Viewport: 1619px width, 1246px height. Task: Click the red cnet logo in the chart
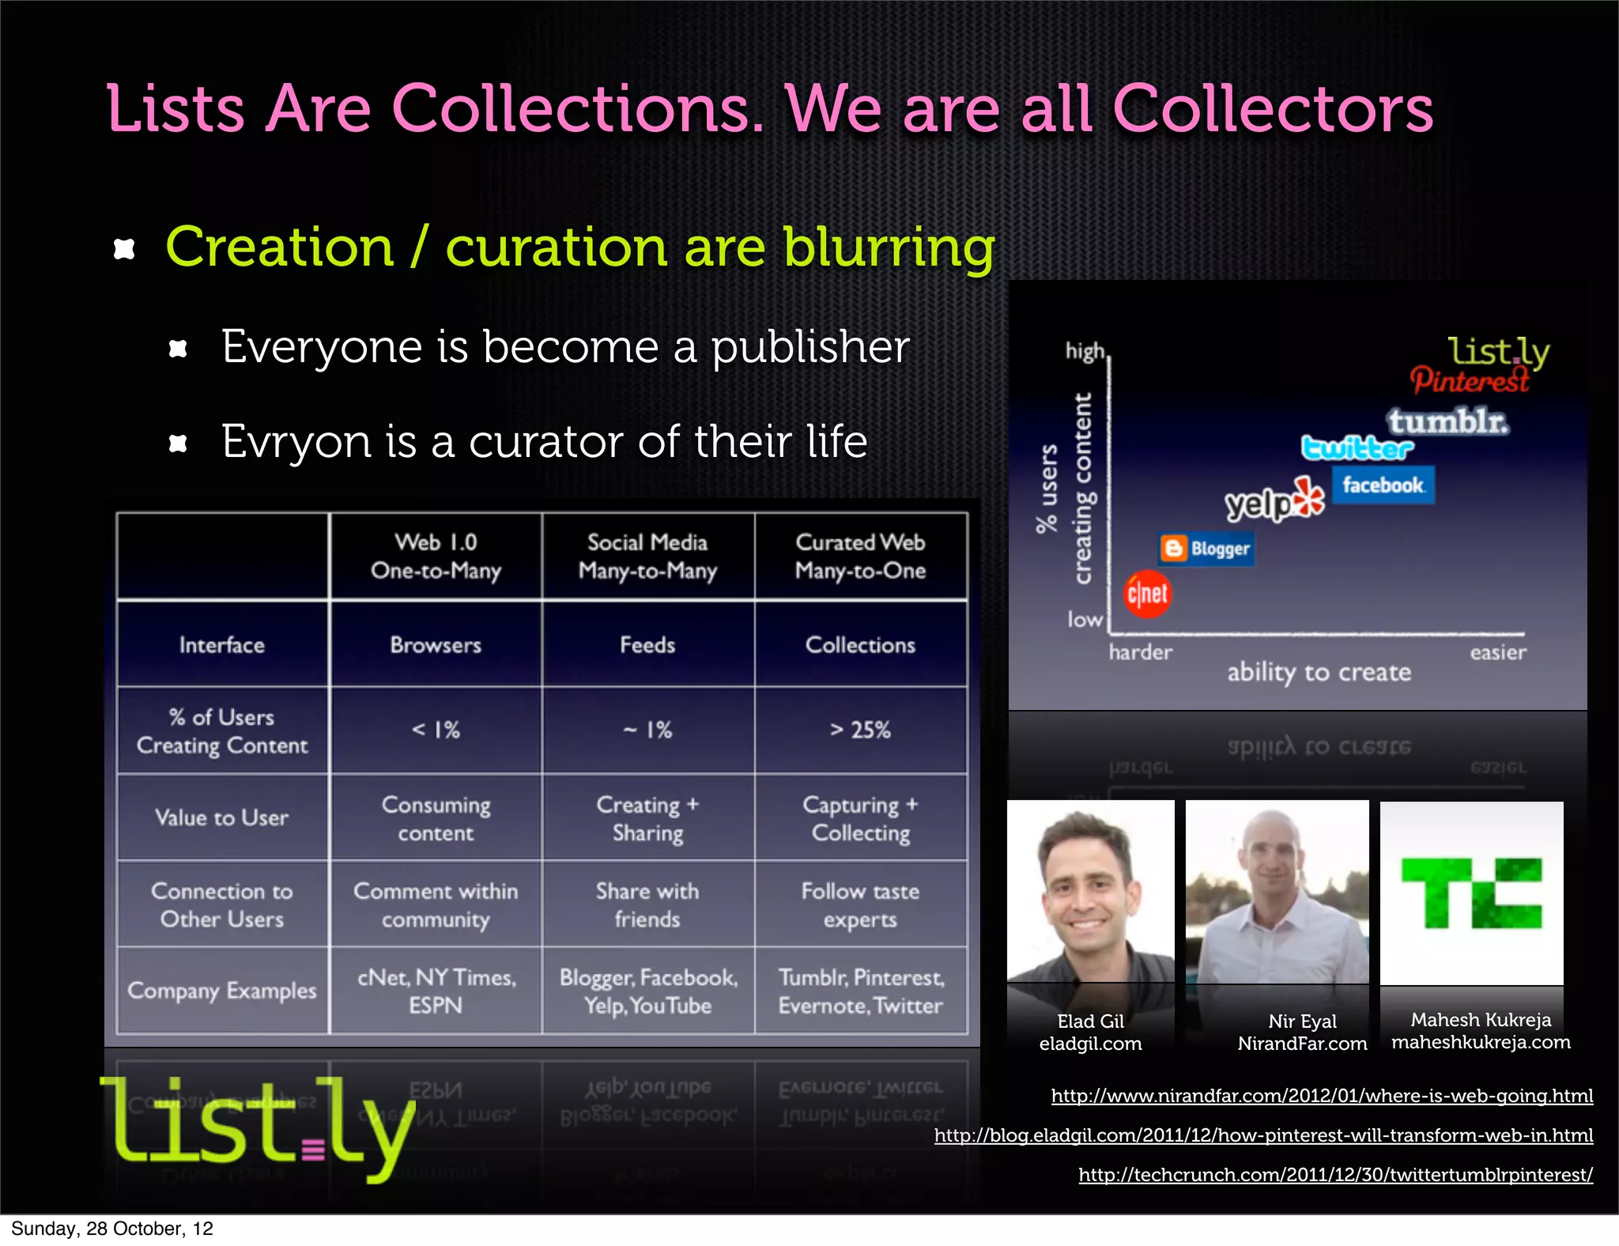(1147, 594)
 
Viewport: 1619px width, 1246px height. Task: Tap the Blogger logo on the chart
(1206, 549)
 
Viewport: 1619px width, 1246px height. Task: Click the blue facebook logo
(1383, 485)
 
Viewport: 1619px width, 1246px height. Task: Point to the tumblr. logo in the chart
(1448, 421)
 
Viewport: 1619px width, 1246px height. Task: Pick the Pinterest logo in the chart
(1470, 381)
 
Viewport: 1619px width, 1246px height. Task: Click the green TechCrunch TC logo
(1471, 893)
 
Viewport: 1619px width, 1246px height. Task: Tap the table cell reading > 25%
(860, 730)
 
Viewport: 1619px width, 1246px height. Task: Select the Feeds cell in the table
(647, 645)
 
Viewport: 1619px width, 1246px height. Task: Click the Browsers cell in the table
(436, 645)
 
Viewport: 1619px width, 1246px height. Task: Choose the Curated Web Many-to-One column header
(860, 556)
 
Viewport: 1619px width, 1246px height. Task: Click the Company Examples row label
(222, 991)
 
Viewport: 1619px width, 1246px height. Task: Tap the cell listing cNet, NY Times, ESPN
(436, 991)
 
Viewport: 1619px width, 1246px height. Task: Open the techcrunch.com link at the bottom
(1335, 1175)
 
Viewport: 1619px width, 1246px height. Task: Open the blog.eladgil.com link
(1263, 1135)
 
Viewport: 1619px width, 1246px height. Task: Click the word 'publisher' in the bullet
(810, 347)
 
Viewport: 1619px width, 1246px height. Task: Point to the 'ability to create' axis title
(1319, 672)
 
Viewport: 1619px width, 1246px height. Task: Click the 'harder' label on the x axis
(1140, 652)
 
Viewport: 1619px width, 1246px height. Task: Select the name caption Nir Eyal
(1302, 1021)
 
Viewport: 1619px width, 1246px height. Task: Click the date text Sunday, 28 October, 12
(112, 1229)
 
